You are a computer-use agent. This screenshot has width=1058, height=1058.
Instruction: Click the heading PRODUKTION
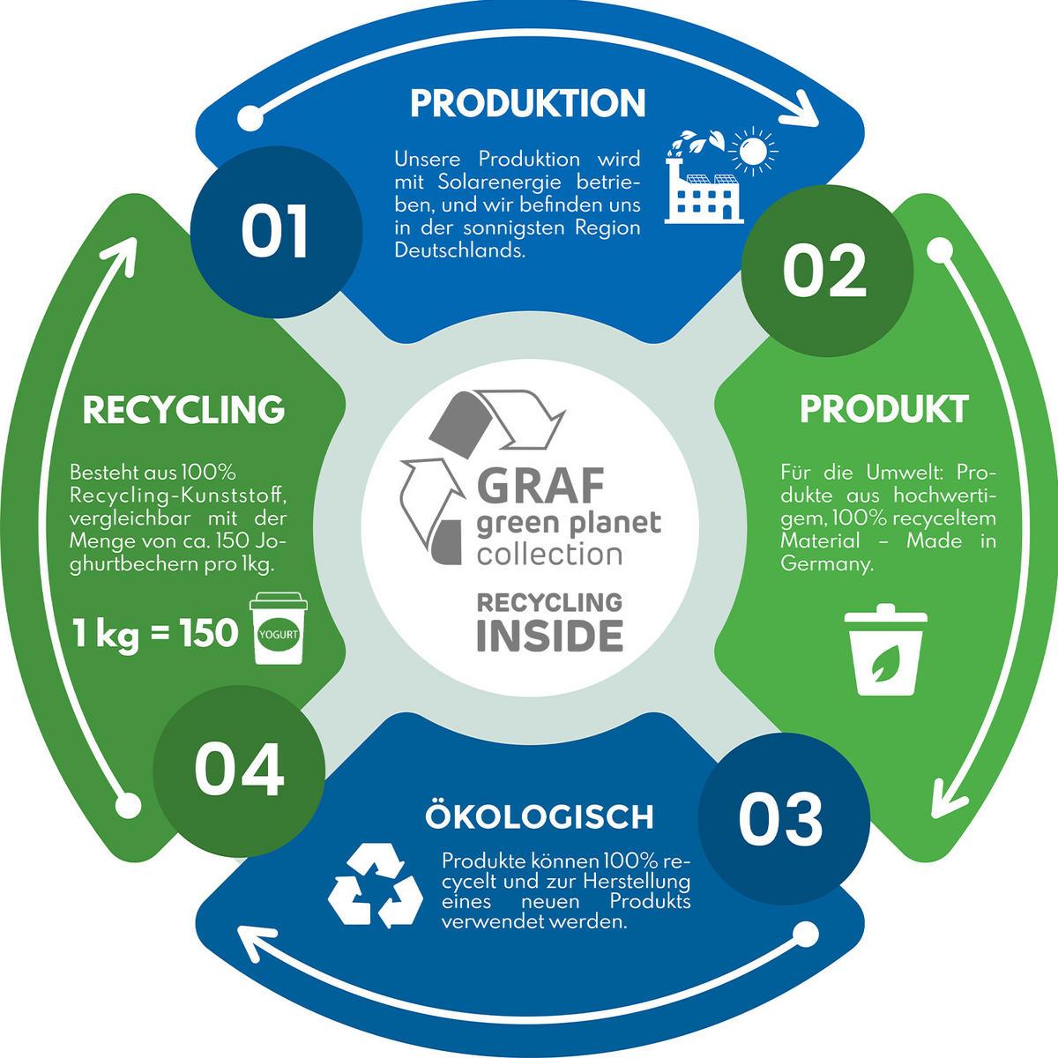pyautogui.click(x=527, y=103)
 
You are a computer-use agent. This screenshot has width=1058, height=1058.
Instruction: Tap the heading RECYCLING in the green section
pyautogui.click(x=184, y=410)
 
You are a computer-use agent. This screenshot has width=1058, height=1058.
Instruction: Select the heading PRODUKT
pyautogui.click(x=884, y=409)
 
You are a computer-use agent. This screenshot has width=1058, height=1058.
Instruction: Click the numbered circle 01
pyautogui.click(x=276, y=232)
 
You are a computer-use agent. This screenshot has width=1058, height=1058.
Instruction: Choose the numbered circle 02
pyautogui.click(x=827, y=271)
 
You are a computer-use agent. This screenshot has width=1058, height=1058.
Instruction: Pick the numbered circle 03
pyautogui.click(x=784, y=818)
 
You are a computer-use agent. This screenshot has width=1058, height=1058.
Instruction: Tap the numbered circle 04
pyautogui.click(x=239, y=771)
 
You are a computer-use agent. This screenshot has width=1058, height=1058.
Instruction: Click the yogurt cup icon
pyautogui.click(x=279, y=629)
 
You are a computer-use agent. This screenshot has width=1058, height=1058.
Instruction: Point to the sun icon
pyautogui.click(x=753, y=151)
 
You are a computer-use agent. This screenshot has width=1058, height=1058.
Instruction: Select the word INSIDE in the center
pyautogui.click(x=549, y=637)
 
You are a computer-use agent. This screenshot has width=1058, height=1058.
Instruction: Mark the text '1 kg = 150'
pyautogui.click(x=155, y=633)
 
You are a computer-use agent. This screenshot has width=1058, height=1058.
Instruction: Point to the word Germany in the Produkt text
pyautogui.click(x=826, y=565)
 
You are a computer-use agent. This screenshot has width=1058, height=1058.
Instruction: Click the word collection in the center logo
pyautogui.click(x=549, y=554)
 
